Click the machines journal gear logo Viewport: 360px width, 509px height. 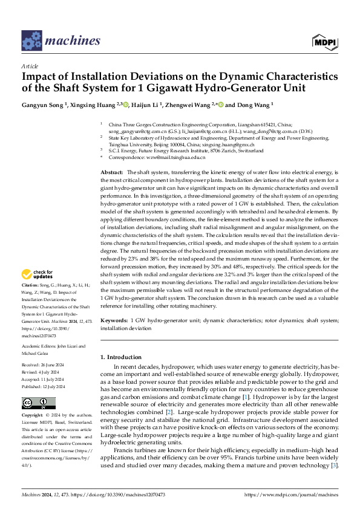(x=32, y=41)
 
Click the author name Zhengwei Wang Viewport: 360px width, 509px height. (x=185, y=104)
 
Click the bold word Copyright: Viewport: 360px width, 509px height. (x=33, y=417)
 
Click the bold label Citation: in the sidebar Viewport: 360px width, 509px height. (x=31, y=284)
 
